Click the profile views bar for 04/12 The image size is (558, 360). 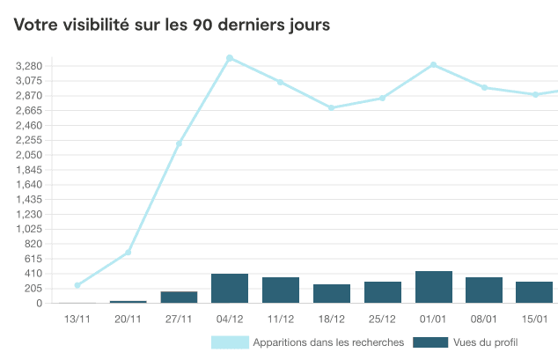tap(230, 289)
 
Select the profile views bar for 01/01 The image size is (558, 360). tap(433, 287)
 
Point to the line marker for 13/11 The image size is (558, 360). tap(77, 285)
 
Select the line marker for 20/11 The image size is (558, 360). tap(128, 253)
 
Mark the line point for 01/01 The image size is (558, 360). tap(433, 65)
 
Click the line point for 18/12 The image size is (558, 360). tap(332, 108)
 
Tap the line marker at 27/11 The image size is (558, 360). tap(179, 143)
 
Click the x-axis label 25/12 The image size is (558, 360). tap(383, 319)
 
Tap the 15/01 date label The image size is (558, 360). tap(535, 319)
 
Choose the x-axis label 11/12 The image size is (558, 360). tap(281, 319)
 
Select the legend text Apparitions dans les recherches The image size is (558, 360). tap(327, 342)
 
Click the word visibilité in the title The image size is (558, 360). tap(97, 25)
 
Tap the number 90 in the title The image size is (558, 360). tap(201, 25)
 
